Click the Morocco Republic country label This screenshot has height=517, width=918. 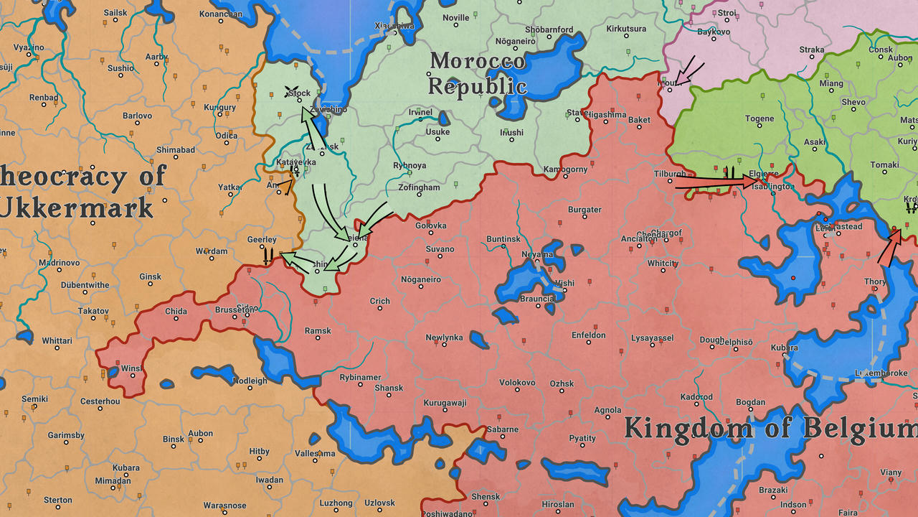pos(478,74)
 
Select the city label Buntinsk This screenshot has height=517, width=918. pos(503,239)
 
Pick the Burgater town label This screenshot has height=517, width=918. pos(585,210)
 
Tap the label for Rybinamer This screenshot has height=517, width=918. pos(360,378)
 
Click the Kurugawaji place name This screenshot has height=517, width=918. pos(445,404)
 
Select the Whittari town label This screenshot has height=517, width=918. pos(57,341)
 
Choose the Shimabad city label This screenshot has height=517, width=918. pos(176,150)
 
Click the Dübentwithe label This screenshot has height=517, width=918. pos(85,285)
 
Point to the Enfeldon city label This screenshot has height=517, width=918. pos(588,335)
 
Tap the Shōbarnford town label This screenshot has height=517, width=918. pos(549,30)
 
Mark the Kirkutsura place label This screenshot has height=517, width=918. pos(626,29)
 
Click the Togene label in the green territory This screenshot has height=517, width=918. pos(760,119)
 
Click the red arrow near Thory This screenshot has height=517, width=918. pos(889,248)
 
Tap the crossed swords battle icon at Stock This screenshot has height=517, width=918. pos(292,91)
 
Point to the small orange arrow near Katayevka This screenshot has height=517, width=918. pos(286,187)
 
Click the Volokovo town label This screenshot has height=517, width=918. pos(517,383)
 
